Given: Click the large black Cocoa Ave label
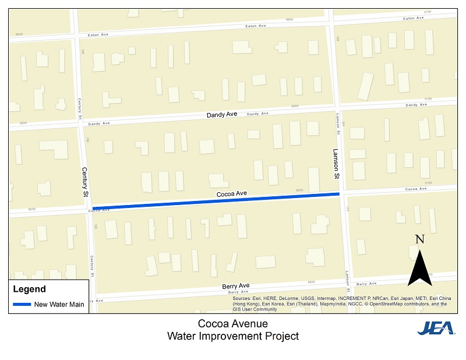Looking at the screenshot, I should tap(232, 193).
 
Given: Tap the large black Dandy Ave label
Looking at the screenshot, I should tap(222, 115).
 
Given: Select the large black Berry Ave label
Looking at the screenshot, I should tap(235, 286).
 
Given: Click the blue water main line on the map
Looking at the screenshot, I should tap(216, 200).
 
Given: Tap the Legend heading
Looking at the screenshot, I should tap(29, 289).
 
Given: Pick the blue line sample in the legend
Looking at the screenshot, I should tap(22, 304).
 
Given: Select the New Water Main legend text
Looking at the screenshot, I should tap(59, 304).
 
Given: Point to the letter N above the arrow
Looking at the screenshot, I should tap(419, 239).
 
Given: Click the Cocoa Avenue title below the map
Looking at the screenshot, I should tap(233, 324).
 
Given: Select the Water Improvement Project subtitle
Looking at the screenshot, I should tap(233, 336).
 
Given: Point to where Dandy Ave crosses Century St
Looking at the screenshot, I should tap(81, 123).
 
